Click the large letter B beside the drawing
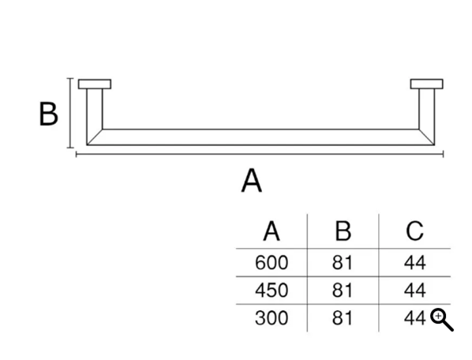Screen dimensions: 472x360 48,114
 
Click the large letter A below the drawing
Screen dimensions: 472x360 252,180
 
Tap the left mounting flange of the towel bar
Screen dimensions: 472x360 95,84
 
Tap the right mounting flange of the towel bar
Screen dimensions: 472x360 426,84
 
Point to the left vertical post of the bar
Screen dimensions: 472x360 95,117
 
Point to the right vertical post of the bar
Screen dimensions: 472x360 427,117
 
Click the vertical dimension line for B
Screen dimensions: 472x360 70,113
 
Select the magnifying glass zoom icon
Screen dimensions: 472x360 441,320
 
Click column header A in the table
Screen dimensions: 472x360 272,231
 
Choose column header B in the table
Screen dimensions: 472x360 343,231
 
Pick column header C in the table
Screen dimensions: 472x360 414,231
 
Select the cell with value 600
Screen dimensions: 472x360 272,262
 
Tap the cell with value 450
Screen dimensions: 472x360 272,291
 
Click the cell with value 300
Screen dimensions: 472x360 272,318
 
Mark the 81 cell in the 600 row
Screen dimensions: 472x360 343,262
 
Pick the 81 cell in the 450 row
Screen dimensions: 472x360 343,291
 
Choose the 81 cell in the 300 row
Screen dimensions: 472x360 343,318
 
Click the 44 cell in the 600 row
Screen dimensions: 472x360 415,262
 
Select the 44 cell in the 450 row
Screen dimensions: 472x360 415,291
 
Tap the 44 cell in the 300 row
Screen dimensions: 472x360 415,318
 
